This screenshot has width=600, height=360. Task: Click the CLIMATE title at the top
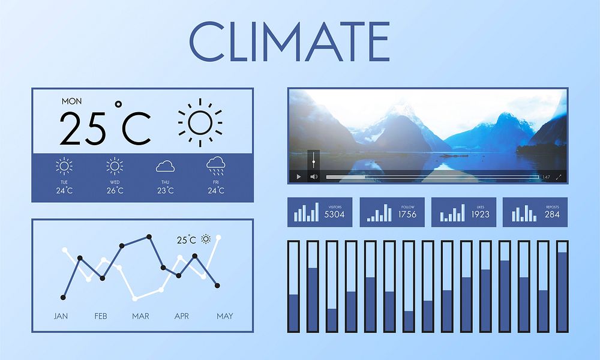click(x=289, y=41)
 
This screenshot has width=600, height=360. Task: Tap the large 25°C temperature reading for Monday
click(x=106, y=128)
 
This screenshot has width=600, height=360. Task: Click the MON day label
click(x=72, y=101)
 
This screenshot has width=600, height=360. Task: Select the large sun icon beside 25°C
click(x=200, y=122)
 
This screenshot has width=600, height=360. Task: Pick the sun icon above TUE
click(x=64, y=166)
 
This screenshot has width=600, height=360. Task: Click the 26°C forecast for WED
click(x=115, y=191)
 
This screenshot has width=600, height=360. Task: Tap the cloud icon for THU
click(x=165, y=166)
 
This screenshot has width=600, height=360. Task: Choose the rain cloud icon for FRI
click(x=215, y=165)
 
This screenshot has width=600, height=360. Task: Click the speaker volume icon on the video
click(x=313, y=177)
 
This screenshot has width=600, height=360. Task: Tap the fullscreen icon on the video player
click(x=559, y=177)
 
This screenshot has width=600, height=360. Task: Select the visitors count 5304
click(x=334, y=214)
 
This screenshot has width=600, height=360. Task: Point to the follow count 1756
click(x=407, y=214)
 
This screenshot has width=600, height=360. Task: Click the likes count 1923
click(x=480, y=214)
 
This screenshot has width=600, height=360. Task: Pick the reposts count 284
click(x=552, y=214)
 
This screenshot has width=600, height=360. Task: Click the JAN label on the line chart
click(x=61, y=316)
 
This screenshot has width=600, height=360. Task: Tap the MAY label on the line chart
click(x=225, y=316)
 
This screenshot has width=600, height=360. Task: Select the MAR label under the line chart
click(x=140, y=316)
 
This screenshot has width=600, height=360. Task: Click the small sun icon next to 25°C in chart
click(x=206, y=239)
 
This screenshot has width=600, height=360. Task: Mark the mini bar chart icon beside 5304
click(x=307, y=212)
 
